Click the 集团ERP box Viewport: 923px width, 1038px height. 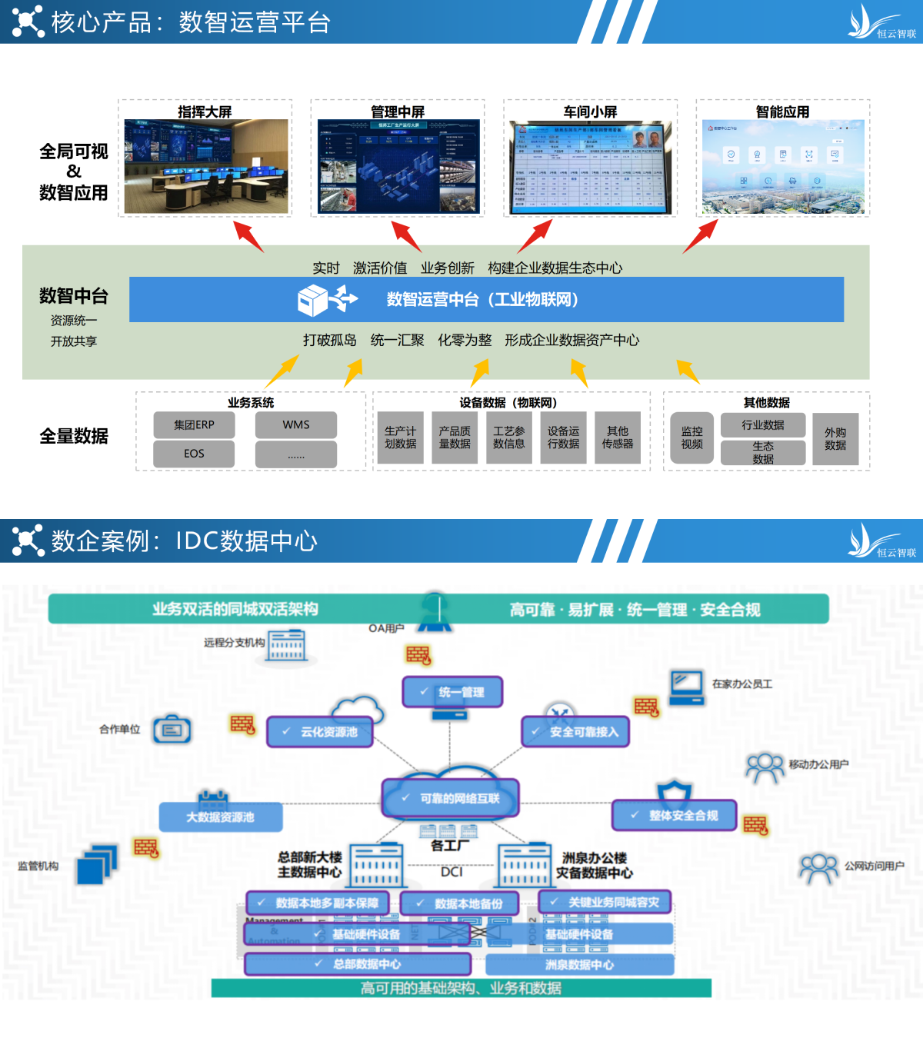click(194, 424)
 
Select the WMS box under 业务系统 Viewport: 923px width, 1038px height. click(296, 424)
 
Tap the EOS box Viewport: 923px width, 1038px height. click(194, 454)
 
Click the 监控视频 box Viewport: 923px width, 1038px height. click(691, 438)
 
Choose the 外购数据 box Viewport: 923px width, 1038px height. click(835, 438)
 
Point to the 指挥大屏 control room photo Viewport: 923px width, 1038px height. click(206, 166)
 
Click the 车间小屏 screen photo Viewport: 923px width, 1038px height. click(590, 167)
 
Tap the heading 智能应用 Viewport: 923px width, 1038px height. click(782, 111)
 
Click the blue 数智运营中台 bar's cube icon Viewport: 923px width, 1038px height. click(313, 300)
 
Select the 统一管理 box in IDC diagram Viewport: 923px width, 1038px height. click(453, 692)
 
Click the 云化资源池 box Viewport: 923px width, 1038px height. click(320, 732)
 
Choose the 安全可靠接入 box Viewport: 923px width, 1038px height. click(575, 732)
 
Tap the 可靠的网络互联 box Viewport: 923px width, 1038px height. click(451, 798)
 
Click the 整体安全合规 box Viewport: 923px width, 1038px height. click(674, 815)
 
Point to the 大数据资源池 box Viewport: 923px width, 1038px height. click(221, 817)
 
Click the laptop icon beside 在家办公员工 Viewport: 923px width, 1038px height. click(686, 687)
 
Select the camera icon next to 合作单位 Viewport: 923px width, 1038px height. click(172, 729)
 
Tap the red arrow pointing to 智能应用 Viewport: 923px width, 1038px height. click(700, 236)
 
